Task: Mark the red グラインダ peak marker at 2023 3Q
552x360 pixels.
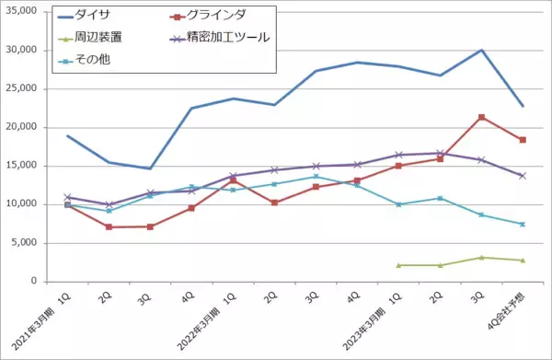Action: pos(481,117)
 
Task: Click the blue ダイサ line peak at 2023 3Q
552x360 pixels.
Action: pos(481,50)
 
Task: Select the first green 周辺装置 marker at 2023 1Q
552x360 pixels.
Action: pos(398,265)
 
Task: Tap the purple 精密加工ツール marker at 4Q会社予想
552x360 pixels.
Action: pos(523,175)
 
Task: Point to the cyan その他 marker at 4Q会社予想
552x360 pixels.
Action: pos(523,224)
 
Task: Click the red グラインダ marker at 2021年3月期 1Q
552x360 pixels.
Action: pos(67,204)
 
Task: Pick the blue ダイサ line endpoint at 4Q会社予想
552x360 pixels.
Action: pos(523,106)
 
